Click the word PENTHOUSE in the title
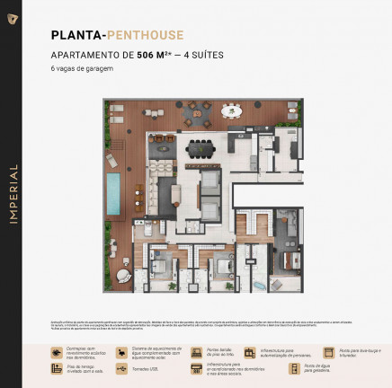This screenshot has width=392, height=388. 145,36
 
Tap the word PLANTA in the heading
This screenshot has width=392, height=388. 76,36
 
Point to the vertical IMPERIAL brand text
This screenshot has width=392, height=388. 13,194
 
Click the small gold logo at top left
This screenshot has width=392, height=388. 13,18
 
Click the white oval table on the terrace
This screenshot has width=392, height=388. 232,111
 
